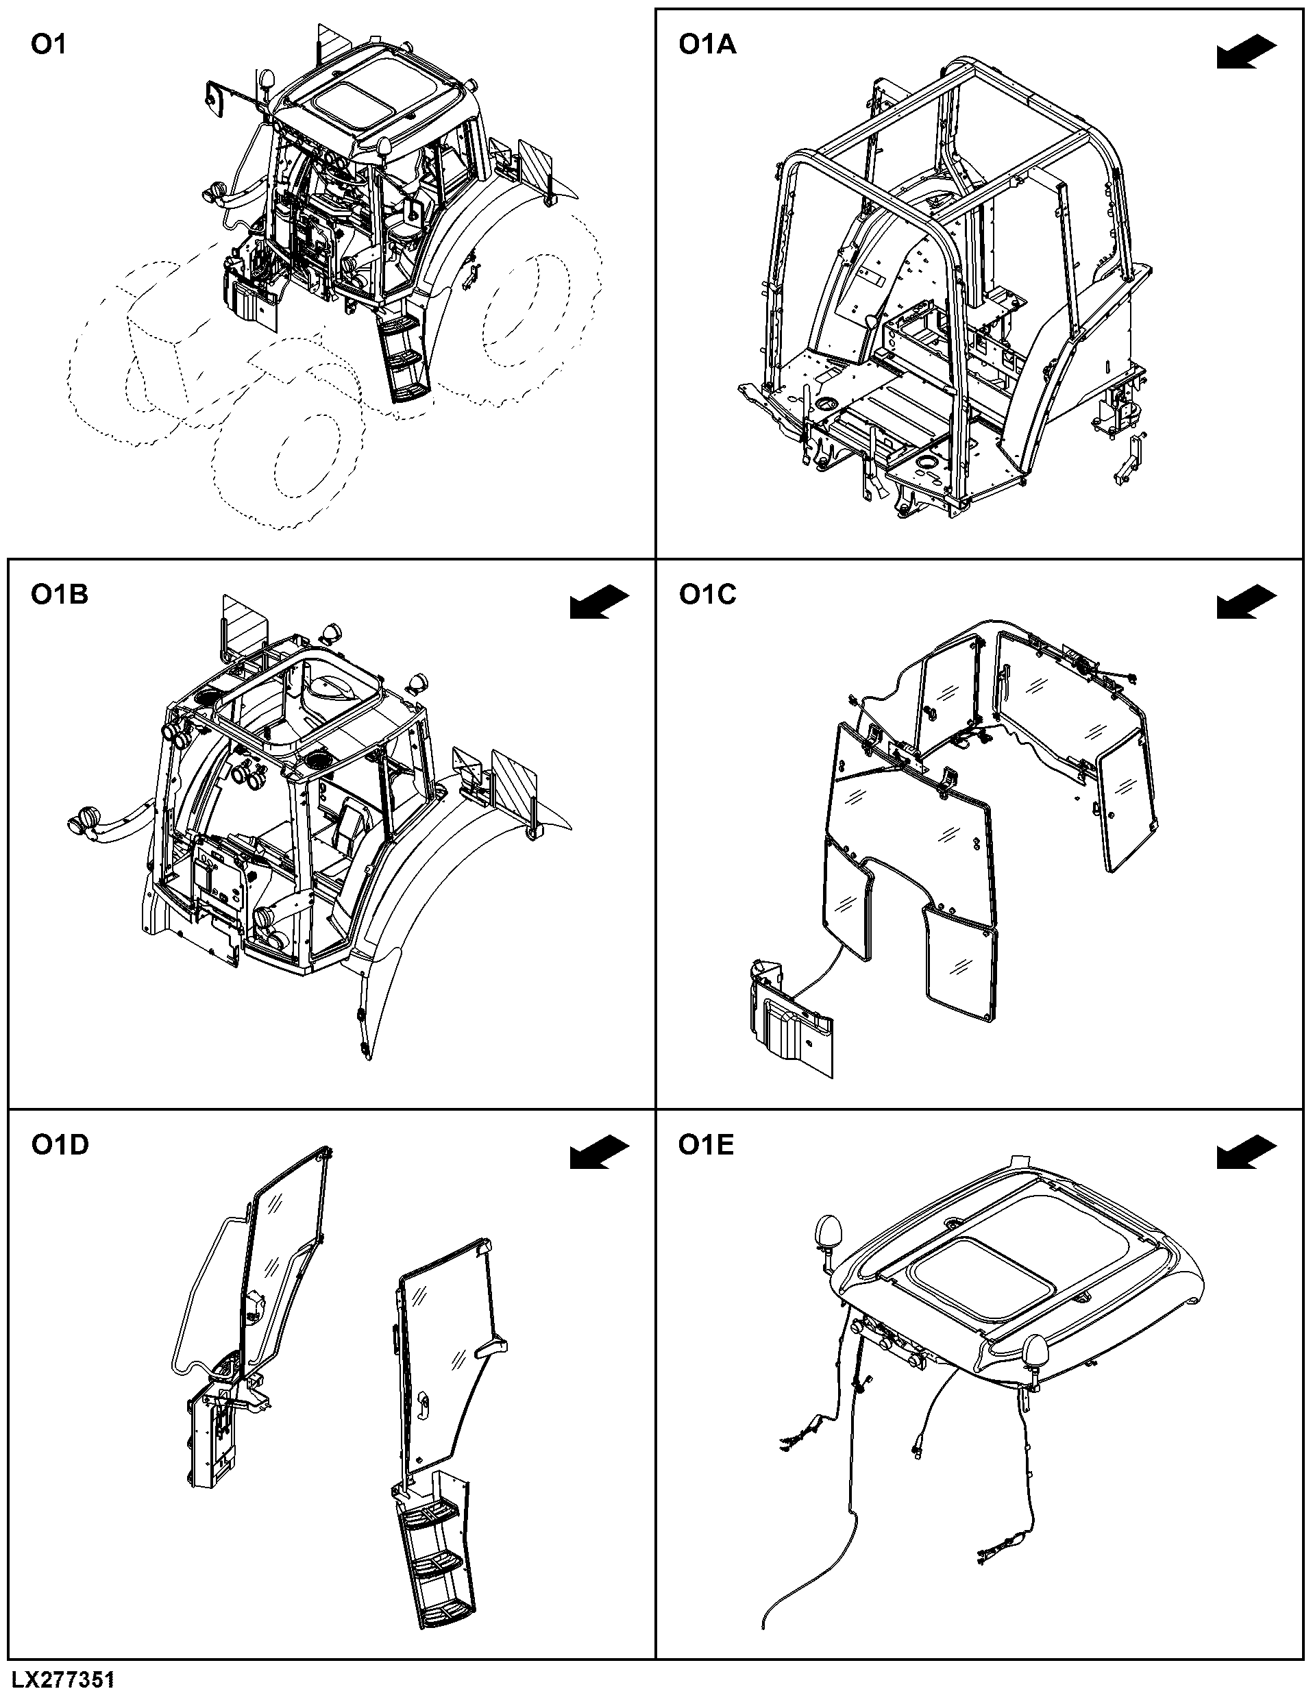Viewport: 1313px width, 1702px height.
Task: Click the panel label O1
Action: (x=48, y=45)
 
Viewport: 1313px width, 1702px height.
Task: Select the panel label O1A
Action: (x=707, y=45)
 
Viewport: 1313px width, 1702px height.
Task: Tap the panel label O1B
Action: (x=59, y=595)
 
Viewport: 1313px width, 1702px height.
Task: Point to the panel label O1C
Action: (x=707, y=595)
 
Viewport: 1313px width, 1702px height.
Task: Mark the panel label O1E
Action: (x=706, y=1145)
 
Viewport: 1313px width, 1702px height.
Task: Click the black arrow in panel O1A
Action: (x=1247, y=53)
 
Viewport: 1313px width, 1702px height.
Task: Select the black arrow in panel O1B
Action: (x=599, y=603)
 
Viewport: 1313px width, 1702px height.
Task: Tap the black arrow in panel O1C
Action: (x=1247, y=603)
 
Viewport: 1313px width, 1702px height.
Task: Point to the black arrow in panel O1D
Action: (x=599, y=1152)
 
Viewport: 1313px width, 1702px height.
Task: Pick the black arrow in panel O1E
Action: (x=1247, y=1152)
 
